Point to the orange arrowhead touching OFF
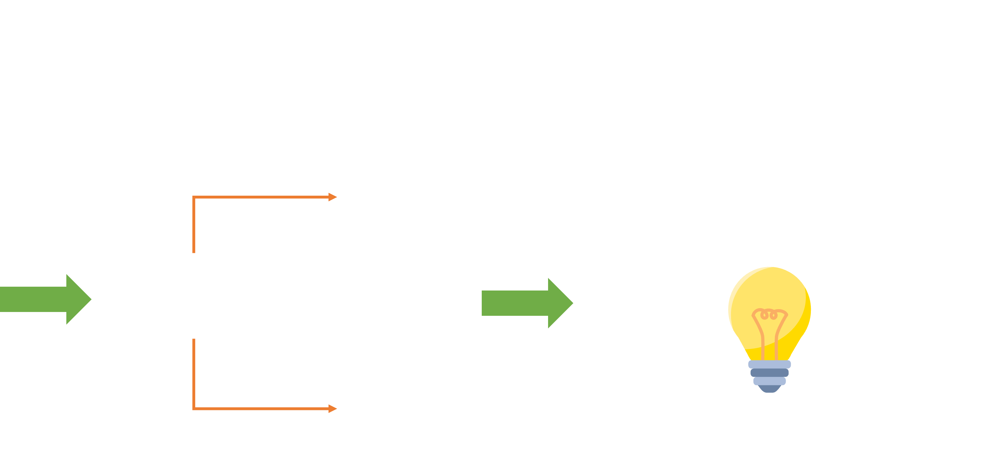[333, 197]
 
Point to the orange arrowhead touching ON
[333, 408]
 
